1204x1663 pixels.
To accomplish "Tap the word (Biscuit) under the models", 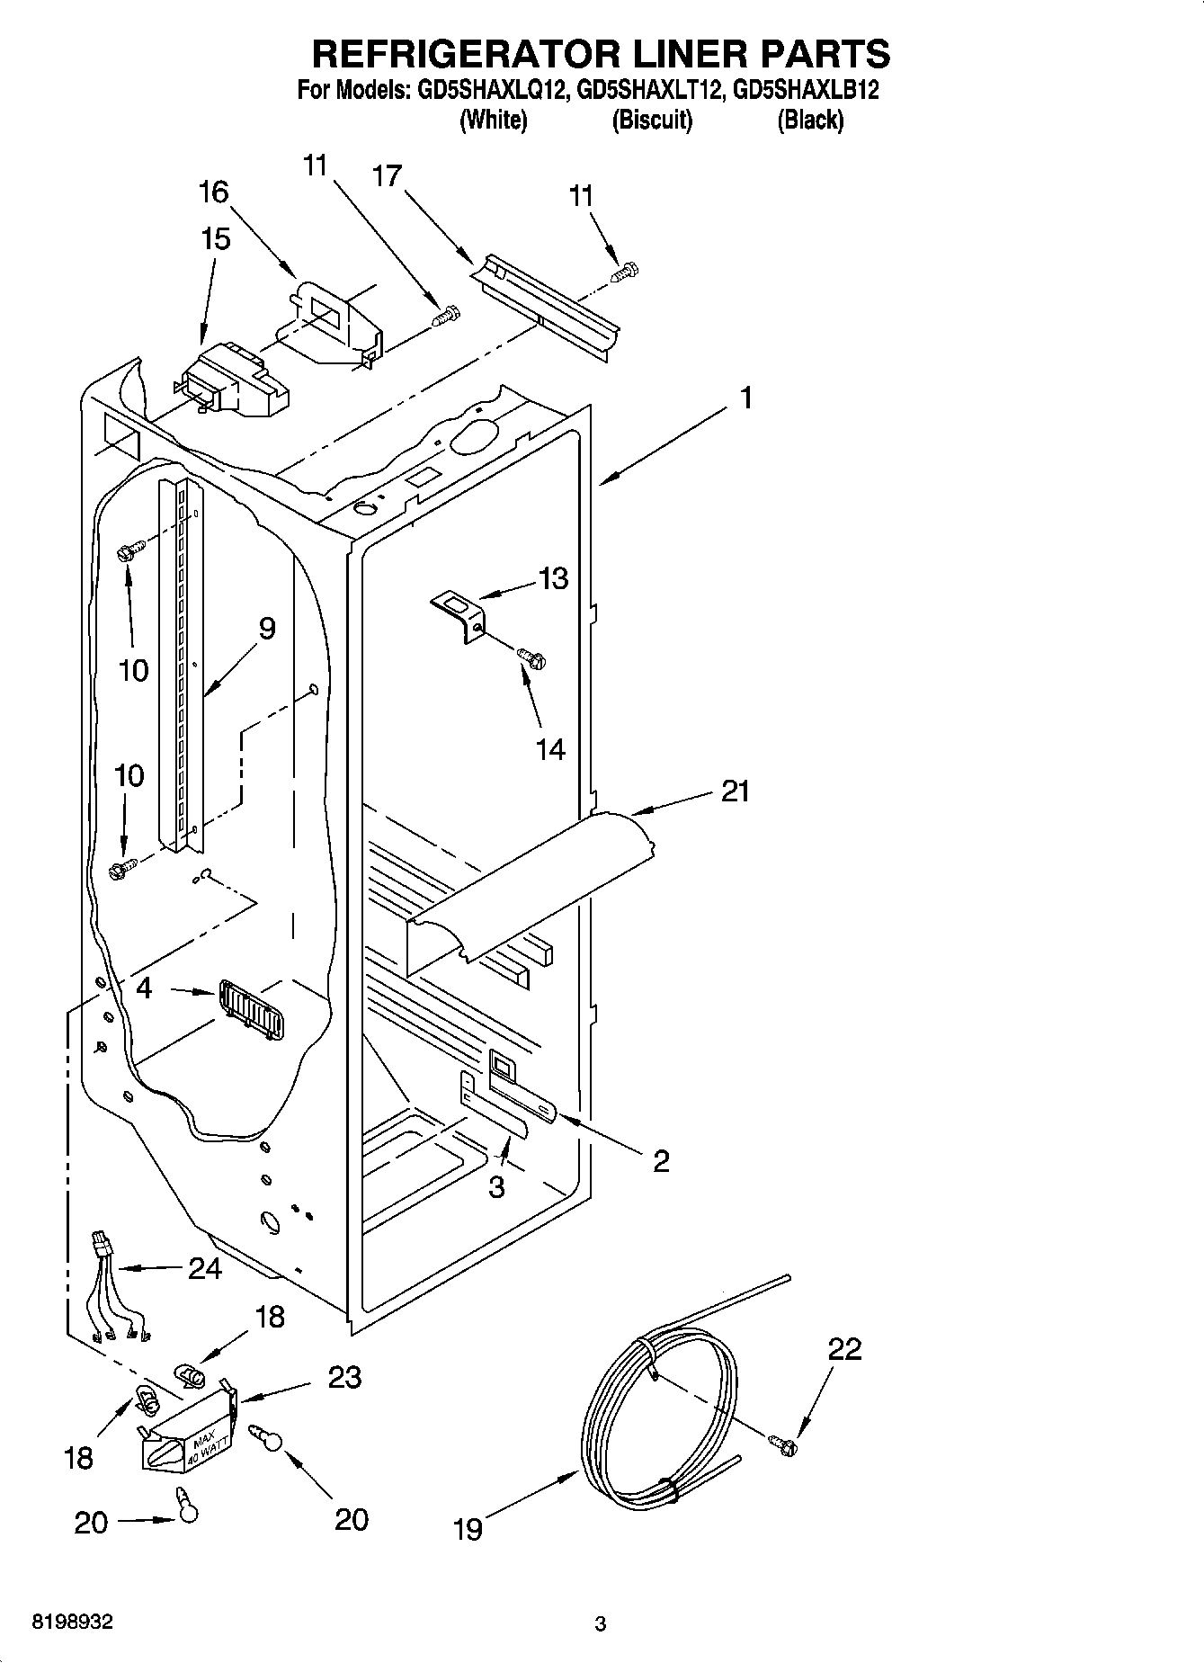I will [652, 120].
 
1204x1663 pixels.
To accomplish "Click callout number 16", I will [213, 192].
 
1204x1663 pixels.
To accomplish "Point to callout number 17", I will [387, 176].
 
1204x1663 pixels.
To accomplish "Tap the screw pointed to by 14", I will [533, 661].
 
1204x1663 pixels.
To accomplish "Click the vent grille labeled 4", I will [253, 1012].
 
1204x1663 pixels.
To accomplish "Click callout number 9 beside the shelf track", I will [266, 629].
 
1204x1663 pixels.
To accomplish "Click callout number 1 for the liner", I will [745, 397].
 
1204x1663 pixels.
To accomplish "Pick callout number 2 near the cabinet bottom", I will [661, 1162].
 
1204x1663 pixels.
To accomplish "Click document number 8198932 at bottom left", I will [73, 1623].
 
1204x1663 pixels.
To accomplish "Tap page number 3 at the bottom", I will [601, 1624].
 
